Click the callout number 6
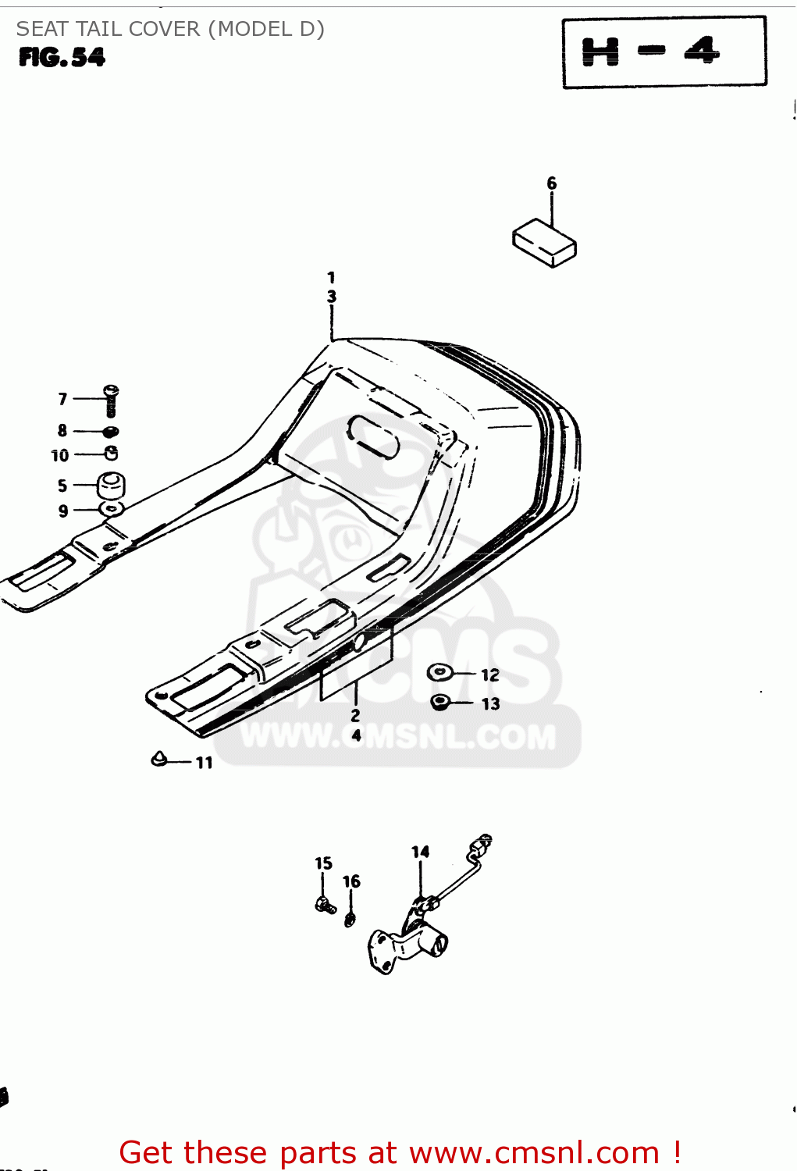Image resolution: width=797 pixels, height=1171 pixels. (x=551, y=183)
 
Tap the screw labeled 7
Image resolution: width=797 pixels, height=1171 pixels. (x=111, y=400)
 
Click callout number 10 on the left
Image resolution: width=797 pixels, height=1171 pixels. (x=60, y=456)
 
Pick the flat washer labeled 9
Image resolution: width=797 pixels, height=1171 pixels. (x=112, y=510)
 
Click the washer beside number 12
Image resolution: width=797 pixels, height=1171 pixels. (x=439, y=672)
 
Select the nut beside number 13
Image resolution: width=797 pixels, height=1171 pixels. (x=440, y=702)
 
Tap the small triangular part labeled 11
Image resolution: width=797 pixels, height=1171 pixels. (x=159, y=758)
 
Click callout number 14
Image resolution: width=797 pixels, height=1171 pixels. (x=420, y=852)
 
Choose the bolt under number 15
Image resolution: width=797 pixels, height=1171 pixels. (x=325, y=906)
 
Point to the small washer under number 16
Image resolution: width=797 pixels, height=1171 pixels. (x=350, y=919)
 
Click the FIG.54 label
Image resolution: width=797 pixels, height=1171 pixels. (x=62, y=58)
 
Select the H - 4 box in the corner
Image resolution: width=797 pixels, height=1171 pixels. (x=664, y=52)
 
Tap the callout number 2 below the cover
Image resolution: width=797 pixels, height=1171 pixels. (x=355, y=715)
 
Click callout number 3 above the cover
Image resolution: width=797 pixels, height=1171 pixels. (x=332, y=297)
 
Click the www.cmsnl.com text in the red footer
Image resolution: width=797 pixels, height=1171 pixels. (x=534, y=1152)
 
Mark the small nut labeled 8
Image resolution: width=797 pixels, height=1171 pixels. (x=111, y=431)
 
